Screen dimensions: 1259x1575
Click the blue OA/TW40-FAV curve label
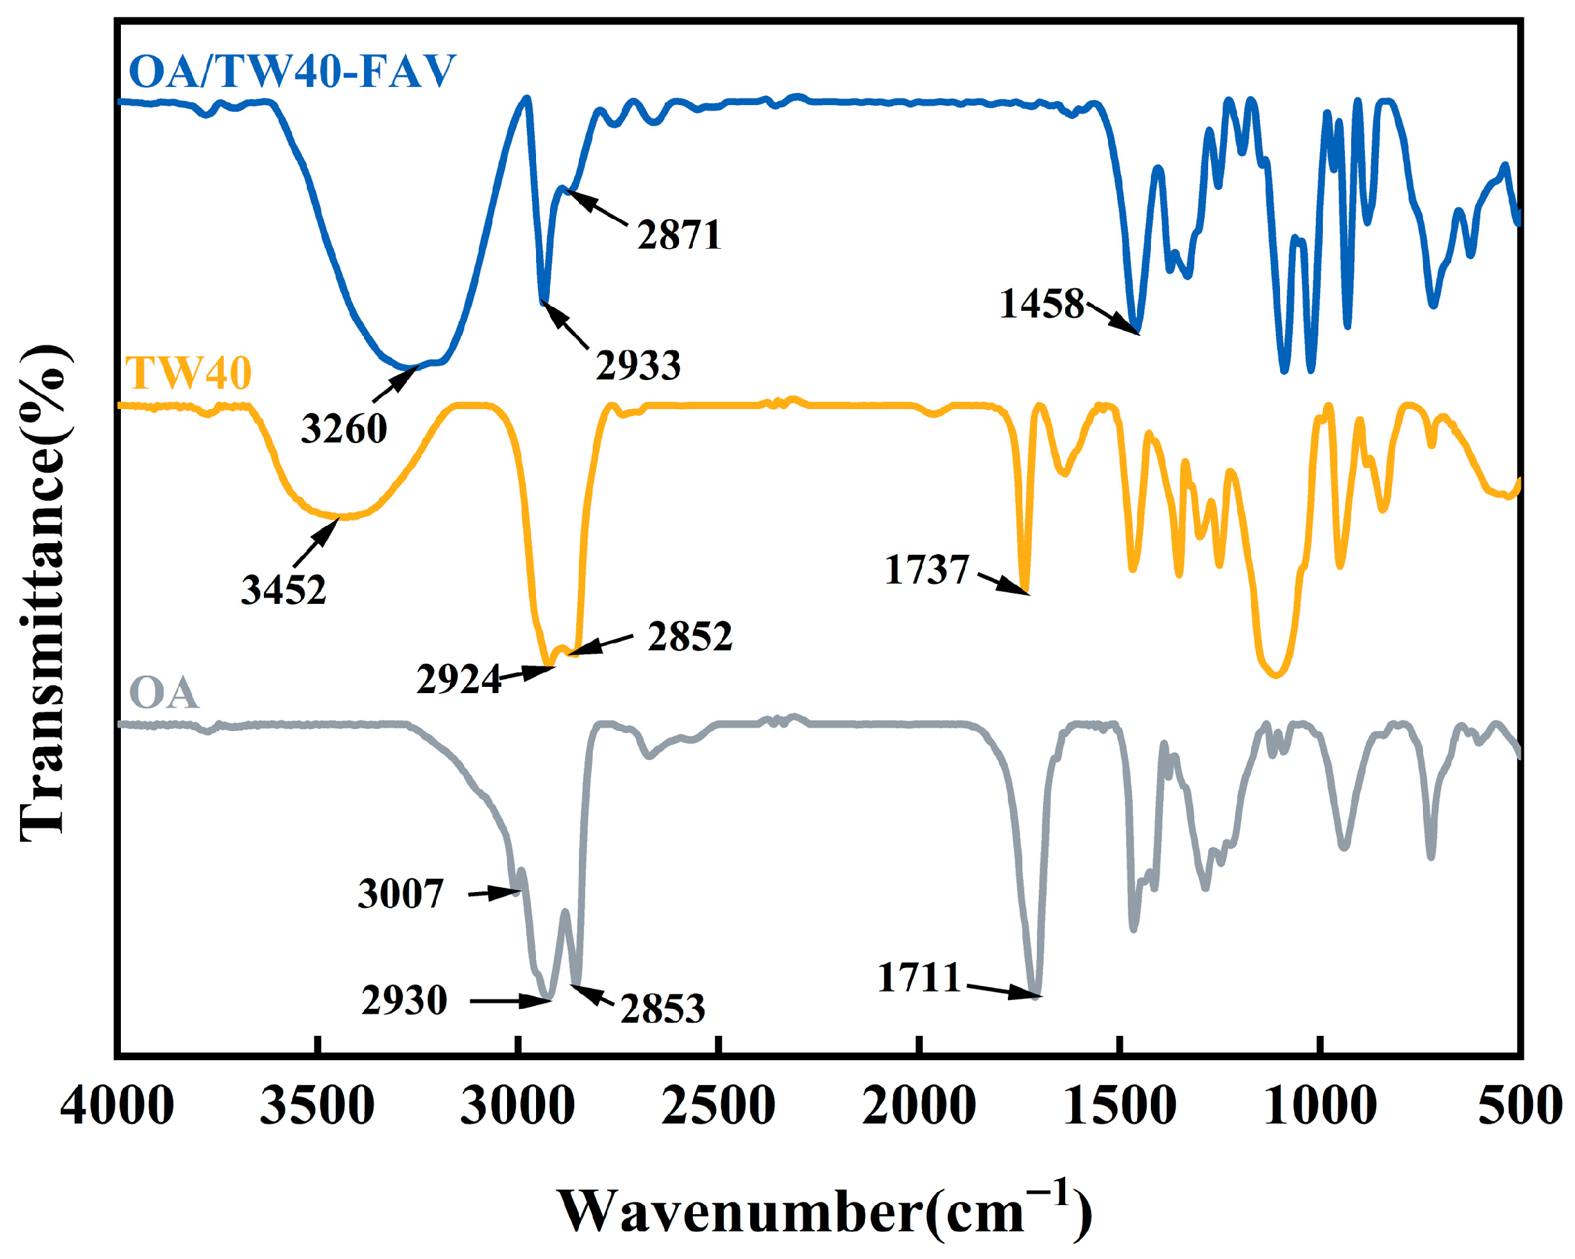(292, 72)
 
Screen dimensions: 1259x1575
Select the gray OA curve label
(164, 692)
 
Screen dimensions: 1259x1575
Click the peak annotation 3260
(344, 428)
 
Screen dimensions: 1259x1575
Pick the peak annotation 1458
(1042, 303)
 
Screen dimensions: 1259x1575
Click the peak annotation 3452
(283, 589)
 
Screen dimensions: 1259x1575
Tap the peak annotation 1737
(926, 570)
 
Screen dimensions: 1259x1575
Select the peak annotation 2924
(459, 679)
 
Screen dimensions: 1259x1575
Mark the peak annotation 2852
(689, 636)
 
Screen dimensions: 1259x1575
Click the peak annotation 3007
(401, 893)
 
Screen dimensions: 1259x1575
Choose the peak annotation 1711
(919, 978)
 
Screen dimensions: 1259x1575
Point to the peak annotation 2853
(662, 1009)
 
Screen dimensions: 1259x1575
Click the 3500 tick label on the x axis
(317, 1106)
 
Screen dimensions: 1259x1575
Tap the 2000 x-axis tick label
(919, 1106)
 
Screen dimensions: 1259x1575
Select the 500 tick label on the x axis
(1520, 1106)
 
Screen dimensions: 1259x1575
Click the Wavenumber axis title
(825, 1211)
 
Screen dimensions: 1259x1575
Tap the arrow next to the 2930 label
(509, 1001)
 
